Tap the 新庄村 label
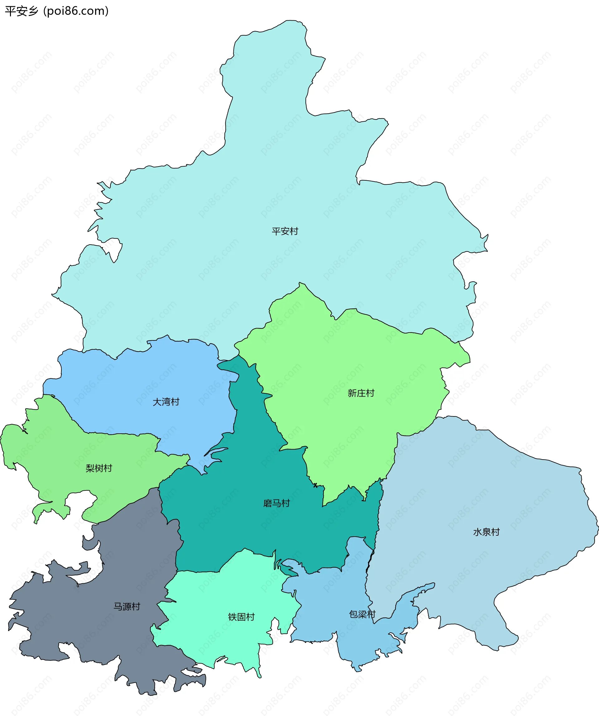[361, 393]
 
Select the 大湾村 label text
[166, 402]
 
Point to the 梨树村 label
[99, 468]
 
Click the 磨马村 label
[276, 503]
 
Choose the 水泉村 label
[486, 532]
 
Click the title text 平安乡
[22, 11]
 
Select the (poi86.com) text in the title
[76, 11]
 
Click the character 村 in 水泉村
[495, 532]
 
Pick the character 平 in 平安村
[276, 231]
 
